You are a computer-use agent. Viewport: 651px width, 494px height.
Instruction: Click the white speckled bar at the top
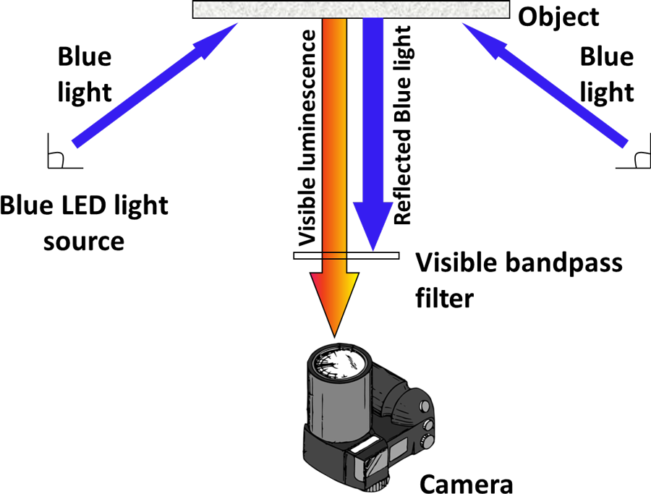pyautogui.click(x=351, y=9)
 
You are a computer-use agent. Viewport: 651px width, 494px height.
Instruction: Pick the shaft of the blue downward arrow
pyautogui.click(x=373, y=108)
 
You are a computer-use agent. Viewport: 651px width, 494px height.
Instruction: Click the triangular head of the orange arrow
pyautogui.click(x=334, y=297)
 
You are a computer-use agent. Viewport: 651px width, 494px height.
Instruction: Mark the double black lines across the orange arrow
pyautogui.click(x=334, y=255)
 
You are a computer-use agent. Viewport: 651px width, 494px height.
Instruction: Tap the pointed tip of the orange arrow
pyautogui.click(x=334, y=333)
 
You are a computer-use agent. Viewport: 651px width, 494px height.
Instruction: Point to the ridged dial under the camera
pyautogui.click(x=379, y=482)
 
